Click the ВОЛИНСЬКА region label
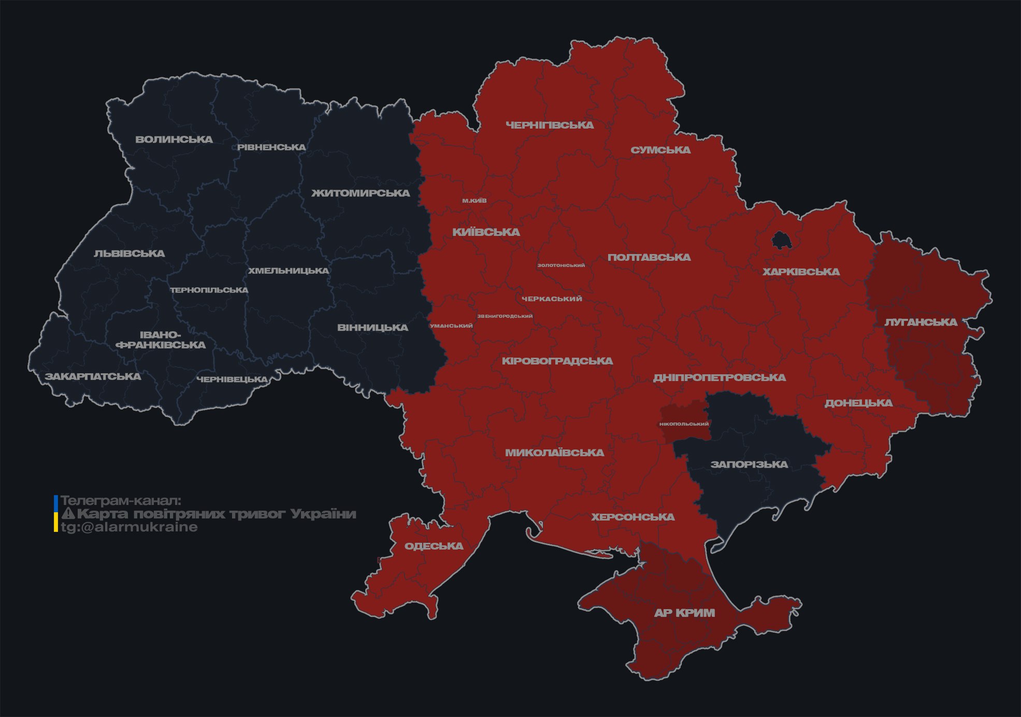pyautogui.click(x=174, y=139)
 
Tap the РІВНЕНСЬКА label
pyautogui.click(x=271, y=147)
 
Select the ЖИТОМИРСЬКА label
pyautogui.click(x=361, y=193)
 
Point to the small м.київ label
pyautogui.click(x=474, y=201)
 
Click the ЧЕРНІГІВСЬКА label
pyautogui.click(x=550, y=125)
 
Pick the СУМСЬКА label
pyautogui.click(x=660, y=150)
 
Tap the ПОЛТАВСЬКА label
pyautogui.click(x=649, y=258)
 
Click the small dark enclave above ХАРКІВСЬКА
pyautogui.click(x=780, y=241)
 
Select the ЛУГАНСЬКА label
pyautogui.click(x=921, y=322)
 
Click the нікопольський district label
pyautogui.click(x=684, y=424)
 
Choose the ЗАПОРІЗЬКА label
pyautogui.click(x=749, y=465)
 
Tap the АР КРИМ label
pyautogui.click(x=684, y=613)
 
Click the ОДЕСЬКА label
pyautogui.click(x=434, y=546)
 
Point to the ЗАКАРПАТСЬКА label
pyautogui.click(x=93, y=376)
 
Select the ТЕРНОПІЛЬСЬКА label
pyautogui.click(x=209, y=290)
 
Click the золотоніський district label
pyautogui.click(x=561, y=265)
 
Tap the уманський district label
pyautogui.click(x=451, y=326)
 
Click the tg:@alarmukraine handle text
pyautogui.click(x=129, y=527)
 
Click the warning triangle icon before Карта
pyautogui.click(x=68, y=514)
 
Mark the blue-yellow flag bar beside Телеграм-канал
pyautogui.click(x=56, y=514)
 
